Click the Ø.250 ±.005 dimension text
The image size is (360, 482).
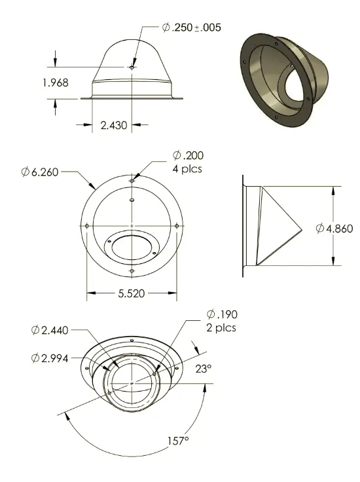(x=191, y=28)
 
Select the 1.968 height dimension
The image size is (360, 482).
(x=56, y=83)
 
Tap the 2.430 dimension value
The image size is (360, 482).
(x=114, y=125)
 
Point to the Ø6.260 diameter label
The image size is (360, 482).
(x=40, y=172)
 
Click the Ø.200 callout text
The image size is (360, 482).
(x=188, y=155)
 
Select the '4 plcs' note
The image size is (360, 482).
(x=187, y=169)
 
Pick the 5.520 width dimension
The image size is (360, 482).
(x=132, y=293)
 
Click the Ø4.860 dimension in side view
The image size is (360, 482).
(x=334, y=229)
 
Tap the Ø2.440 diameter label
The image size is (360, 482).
(x=50, y=330)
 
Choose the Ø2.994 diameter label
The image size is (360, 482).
(x=50, y=358)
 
